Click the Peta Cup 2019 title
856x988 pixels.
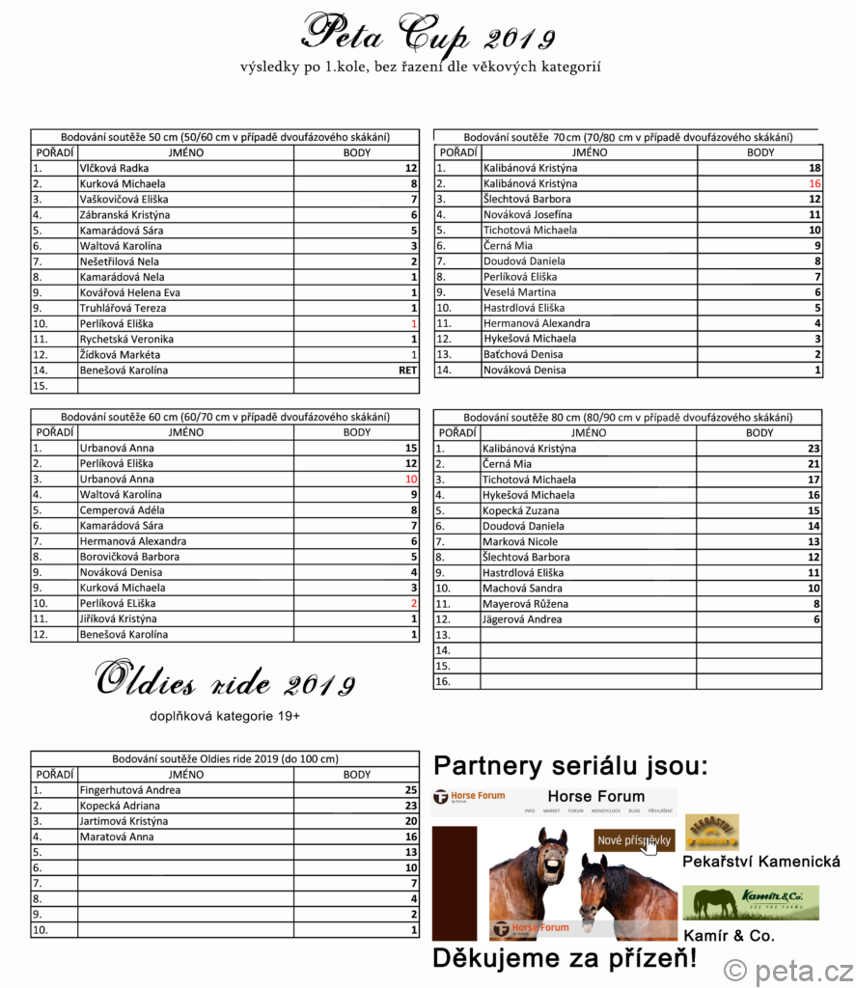coord(428,35)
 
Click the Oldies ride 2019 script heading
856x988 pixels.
coord(226,682)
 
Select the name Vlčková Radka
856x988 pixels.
coord(114,168)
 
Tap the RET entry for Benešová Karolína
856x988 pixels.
coord(407,370)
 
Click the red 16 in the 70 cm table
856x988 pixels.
coord(815,183)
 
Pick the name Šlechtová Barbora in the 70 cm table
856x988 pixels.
coord(526,199)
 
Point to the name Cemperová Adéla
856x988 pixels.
coord(122,510)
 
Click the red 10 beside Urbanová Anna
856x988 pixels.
coord(410,480)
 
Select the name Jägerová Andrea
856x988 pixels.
coord(522,619)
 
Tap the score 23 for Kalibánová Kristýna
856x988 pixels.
coord(814,449)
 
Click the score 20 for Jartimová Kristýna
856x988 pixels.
coord(410,821)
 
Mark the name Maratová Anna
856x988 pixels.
coord(116,837)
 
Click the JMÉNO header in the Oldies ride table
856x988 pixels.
coord(185,775)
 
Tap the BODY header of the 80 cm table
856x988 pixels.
coord(759,433)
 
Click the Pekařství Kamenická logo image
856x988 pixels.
coord(712,833)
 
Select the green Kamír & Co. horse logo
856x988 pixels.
coord(750,903)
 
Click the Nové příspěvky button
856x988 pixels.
coord(633,840)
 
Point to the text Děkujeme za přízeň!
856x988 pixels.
coord(564,959)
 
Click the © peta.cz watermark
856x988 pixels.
coord(788,971)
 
